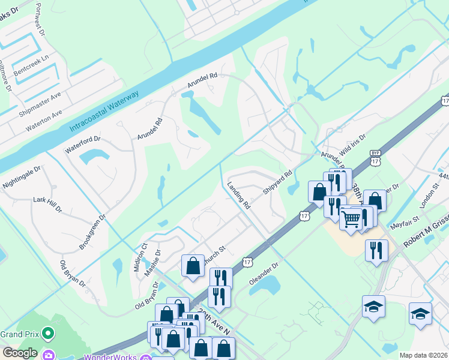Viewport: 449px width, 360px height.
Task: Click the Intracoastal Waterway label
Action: [104, 112]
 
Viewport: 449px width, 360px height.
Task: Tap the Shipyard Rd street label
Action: [277, 182]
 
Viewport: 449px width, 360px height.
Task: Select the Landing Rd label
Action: [239, 195]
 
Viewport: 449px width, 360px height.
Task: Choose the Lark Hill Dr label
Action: [47, 203]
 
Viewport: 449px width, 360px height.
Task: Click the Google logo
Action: [20, 353]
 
